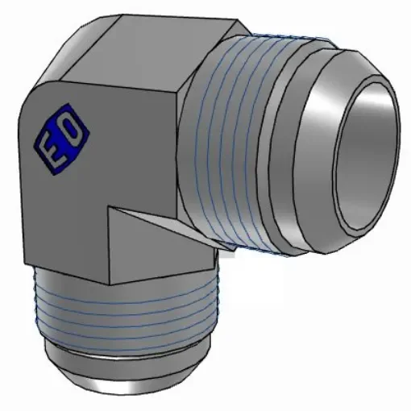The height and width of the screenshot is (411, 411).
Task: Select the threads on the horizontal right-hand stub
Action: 234,145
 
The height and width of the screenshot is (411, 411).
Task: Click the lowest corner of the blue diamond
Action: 50,172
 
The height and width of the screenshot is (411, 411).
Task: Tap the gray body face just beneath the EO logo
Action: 64,218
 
